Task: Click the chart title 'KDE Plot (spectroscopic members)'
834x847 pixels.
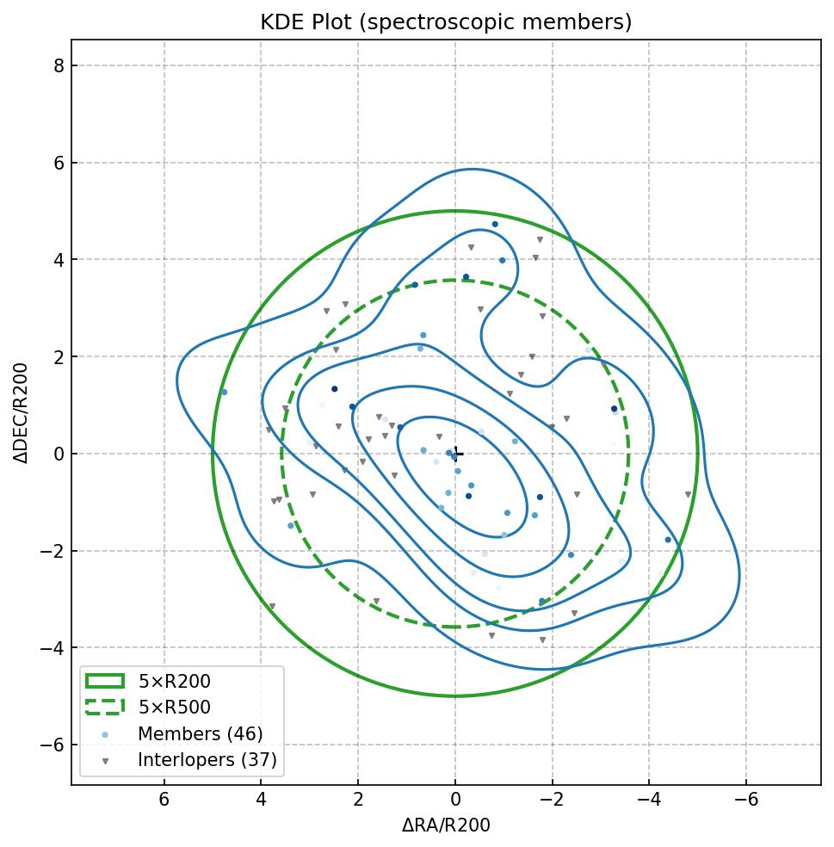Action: [x=446, y=22]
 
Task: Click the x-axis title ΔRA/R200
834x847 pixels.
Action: [x=446, y=825]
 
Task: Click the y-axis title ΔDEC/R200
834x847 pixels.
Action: [x=22, y=413]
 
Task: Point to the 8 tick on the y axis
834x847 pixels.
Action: [x=59, y=66]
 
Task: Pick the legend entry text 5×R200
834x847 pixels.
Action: [x=175, y=682]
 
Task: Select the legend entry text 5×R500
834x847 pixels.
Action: [x=175, y=708]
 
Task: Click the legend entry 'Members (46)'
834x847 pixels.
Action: [x=201, y=734]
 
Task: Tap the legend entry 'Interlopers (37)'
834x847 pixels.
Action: [x=207, y=760]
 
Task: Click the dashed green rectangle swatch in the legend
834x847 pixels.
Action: [x=105, y=708]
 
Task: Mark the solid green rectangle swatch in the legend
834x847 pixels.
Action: [x=105, y=682]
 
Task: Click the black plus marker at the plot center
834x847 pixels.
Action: [x=457, y=453]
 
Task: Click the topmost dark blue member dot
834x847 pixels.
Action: [x=495, y=225]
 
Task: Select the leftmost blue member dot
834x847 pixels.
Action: [x=224, y=393]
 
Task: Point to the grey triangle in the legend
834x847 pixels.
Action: [x=105, y=761]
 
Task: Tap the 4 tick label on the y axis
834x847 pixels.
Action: [x=59, y=260]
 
